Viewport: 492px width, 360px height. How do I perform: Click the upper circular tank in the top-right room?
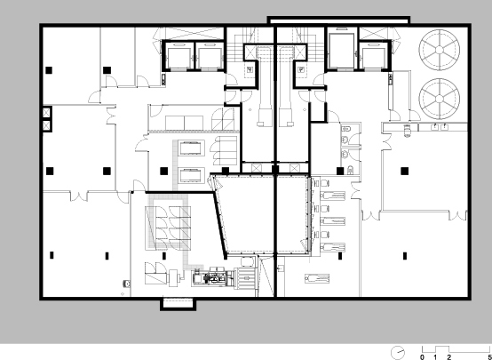[x=440, y=51]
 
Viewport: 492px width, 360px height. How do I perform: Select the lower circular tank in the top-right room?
[x=440, y=99]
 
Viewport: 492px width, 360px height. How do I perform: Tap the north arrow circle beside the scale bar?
[x=398, y=353]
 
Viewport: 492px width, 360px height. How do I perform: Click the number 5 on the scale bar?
[x=490, y=357]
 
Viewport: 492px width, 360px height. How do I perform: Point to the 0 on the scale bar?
[x=422, y=357]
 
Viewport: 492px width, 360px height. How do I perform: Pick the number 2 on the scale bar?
[x=449, y=357]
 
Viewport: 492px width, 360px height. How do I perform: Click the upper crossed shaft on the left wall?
[x=47, y=112]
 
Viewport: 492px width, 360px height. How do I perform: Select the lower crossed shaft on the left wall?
[x=47, y=125]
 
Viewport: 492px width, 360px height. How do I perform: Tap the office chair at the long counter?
[x=407, y=130]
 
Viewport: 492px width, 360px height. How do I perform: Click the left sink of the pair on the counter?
[x=435, y=127]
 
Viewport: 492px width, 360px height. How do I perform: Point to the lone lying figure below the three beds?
[x=317, y=278]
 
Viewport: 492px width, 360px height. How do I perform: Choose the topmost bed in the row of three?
[x=333, y=196]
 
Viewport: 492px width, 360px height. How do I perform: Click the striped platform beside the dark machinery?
[x=246, y=277]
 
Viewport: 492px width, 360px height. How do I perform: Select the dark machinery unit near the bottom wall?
[x=213, y=277]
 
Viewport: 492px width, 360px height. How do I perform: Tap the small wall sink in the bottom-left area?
[x=126, y=284]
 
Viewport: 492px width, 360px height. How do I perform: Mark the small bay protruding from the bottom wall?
[x=178, y=304]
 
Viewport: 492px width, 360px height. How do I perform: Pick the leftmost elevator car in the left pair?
[x=178, y=57]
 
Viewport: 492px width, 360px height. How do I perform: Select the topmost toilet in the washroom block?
[x=346, y=129]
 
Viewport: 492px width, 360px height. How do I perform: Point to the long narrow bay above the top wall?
[x=338, y=20]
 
